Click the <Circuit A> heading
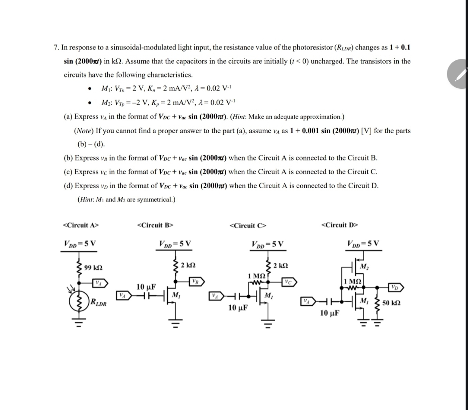coord(80,225)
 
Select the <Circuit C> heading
coord(248,226)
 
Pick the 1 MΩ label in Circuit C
coord(256,276)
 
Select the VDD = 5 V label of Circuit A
coord(80,243)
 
